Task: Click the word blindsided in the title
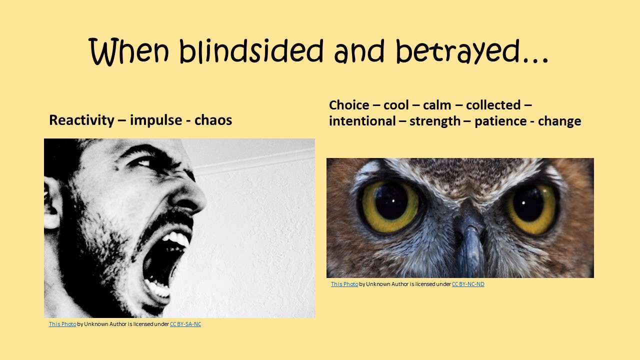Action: click(x=252, y=51)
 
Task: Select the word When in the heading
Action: click(x=131, y=51)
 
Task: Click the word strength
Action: click(x=435, y=121)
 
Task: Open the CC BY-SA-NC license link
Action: click(x=185, y=324)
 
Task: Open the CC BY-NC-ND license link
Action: click(x=468, y=284)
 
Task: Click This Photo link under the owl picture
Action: click(x=344, y=284)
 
